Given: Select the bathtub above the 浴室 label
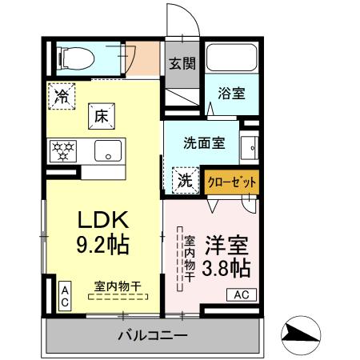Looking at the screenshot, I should (x=231, y=58).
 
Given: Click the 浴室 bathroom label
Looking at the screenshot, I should (x=232, y=94).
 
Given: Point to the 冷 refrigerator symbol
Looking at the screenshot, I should (x=62, y=95).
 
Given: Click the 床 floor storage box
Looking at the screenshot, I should (x=102, y=114).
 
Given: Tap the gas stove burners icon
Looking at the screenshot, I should (x=62, y=149).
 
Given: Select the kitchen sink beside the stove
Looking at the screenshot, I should (x=106, y=150).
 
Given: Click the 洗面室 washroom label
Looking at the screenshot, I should (x=203, y=144).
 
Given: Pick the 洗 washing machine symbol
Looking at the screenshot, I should (x=185, y=180).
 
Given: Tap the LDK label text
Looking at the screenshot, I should (x=103, y=219).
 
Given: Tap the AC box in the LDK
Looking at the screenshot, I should (x=64, y=296).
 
